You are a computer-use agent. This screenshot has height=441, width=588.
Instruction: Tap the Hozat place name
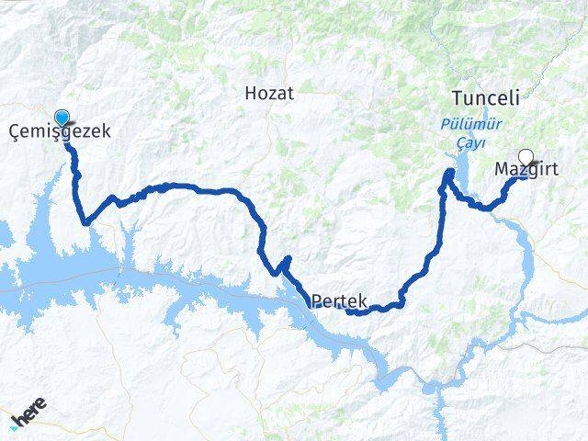(269, 92)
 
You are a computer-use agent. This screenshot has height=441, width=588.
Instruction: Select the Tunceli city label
(486, 97)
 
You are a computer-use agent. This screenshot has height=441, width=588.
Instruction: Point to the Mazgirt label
(526, 170)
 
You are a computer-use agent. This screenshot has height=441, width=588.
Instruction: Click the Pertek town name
(339, 300)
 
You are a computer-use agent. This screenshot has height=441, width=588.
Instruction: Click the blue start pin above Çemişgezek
(62, 118)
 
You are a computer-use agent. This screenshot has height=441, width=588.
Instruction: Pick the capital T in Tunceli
(457, 97)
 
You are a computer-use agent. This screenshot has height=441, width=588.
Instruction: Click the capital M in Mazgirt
(502, 169)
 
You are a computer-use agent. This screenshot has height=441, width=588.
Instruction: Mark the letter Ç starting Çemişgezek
(14, 131)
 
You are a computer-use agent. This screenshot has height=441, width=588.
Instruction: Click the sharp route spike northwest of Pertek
(288, 258)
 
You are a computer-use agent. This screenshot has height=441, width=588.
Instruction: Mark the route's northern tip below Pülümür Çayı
(449, 172)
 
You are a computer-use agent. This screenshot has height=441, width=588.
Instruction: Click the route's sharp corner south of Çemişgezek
(85, 221)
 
